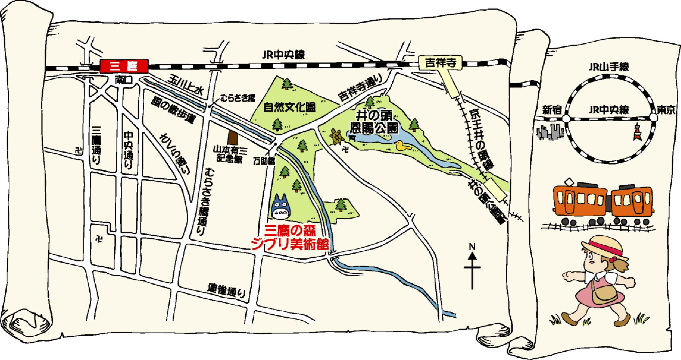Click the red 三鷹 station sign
(x=124, y=66)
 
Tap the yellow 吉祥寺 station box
(x=440, y=63)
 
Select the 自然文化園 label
(x=290, y=107)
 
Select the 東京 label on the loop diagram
(x=666, y=109)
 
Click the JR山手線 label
(x=609, y=67)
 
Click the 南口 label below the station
(x=123, y=80)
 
